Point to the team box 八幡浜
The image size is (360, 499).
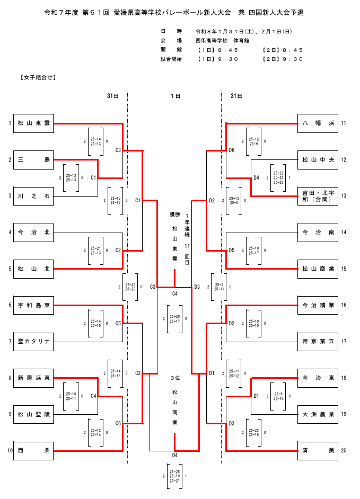pos(317,123)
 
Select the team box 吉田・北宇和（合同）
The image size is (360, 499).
pos(317,196)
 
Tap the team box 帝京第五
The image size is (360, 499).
pos(317,341)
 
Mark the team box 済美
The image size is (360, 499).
pos(317,450)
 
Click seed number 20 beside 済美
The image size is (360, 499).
pos(344,450)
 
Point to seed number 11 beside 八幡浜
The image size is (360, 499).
pos(344,123)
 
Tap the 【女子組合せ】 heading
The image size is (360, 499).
pos(38,77)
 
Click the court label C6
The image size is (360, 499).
pos(118,423)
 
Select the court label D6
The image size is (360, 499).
pos(232,150)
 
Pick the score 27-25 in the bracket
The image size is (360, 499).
pos(130,284)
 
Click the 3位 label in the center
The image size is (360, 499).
pos(175,378)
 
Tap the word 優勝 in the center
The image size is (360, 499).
pos(175,215)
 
